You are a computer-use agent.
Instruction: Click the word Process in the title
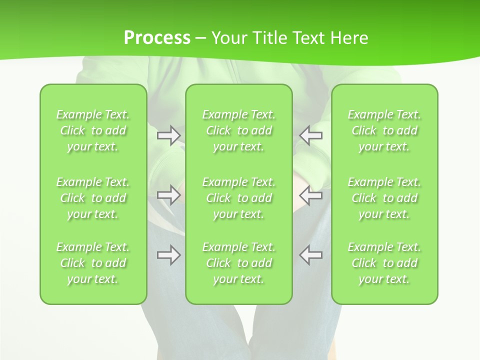[157, 38]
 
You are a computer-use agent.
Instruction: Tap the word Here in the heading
[349, 38]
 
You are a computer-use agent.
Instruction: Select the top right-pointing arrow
[168, 135]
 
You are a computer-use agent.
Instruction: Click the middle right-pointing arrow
[168, 195]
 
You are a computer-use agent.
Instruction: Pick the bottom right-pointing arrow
[168, 255]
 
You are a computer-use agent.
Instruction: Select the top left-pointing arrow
[311, 135]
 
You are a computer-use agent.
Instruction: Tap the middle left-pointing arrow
[311, 195]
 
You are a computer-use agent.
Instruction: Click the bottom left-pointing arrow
[311, 255]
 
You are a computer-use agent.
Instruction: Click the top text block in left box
[93, 130]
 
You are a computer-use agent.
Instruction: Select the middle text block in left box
[93, 198]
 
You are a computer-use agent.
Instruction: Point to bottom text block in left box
[93, 263]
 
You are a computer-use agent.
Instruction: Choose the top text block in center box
[239, 130]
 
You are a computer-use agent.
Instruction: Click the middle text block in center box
[239, 198]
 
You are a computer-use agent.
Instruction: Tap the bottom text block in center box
[239, 263]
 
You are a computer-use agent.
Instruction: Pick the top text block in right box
[384, 130]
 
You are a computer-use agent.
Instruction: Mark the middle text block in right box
[384, 198]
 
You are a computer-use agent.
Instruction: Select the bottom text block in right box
[384, 263]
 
